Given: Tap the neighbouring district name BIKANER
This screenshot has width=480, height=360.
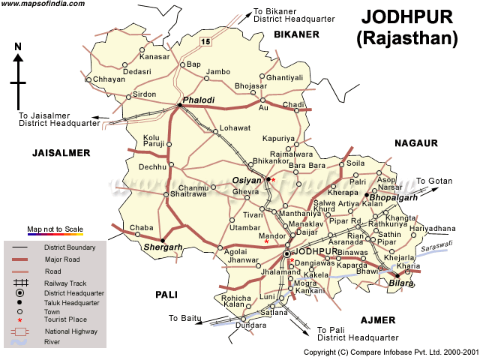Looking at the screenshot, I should tap(296, 34).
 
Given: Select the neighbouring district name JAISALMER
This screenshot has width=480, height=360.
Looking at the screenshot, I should tap(61, 153).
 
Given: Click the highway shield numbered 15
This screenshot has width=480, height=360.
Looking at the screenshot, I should tap(216, 41).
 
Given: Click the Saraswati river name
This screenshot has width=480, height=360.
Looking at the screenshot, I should tap(437, 244).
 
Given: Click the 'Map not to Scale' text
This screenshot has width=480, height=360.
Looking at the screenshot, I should tap(55, 229).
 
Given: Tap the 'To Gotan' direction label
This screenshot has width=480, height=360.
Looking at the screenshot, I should tap(434, 181).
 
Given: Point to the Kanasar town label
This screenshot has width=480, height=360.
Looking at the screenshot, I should tap(155, 57).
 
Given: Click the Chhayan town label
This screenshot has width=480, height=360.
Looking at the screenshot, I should tap(105, 80).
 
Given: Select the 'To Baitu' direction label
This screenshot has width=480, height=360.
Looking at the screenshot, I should tap(184, 318).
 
